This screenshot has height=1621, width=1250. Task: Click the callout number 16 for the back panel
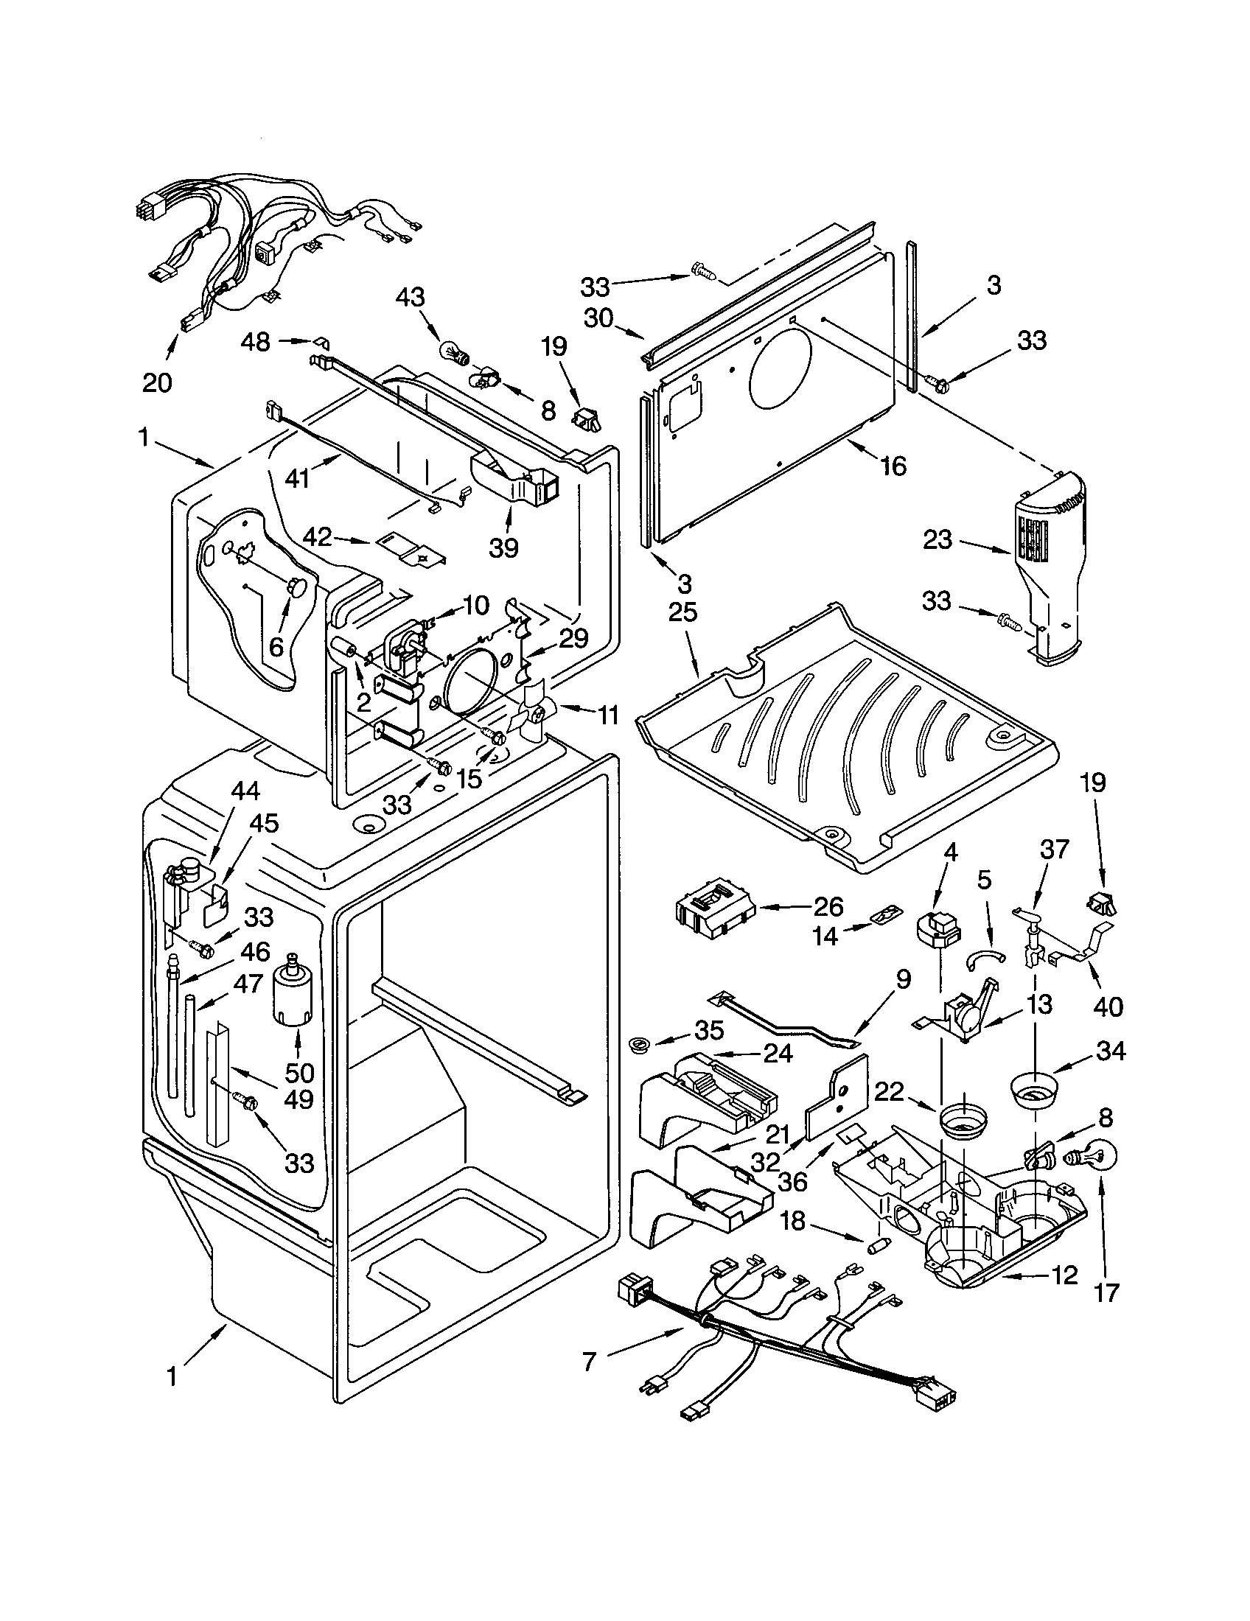tap(893, 466)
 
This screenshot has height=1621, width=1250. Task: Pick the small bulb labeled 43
tap(452, 350)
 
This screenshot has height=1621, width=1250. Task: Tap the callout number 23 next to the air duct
tap(937, 539)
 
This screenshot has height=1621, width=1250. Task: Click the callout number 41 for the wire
tap(297, 479)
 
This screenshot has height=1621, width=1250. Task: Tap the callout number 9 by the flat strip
tap(901, 981)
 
